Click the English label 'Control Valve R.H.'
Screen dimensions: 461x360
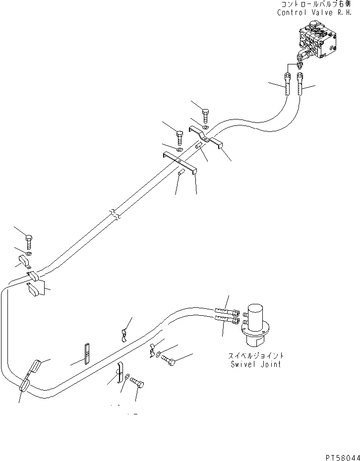(x=318, y=12)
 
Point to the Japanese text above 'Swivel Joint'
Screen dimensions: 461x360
(x=256, y=356)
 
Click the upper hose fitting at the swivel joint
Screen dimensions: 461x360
(x=227, y=312)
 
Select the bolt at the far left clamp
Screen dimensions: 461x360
(x=29, y=242)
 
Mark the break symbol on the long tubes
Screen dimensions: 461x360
(x=115, y=215)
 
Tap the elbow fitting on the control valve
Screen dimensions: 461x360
(x=300, y=55)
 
